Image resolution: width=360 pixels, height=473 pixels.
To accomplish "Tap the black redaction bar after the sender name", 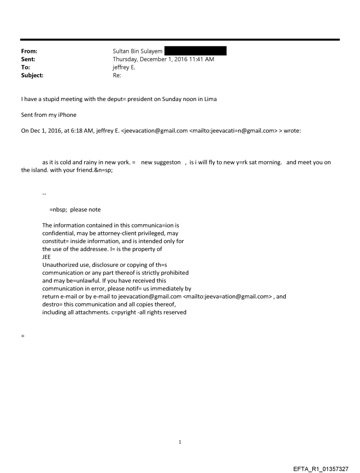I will pyautogui.click(x=195, y=51).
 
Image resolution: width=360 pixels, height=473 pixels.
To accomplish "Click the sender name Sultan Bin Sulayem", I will pyautogui.click(x=137, y=51).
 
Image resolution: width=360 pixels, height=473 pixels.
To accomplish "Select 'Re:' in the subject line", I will pyautogui.click(x=117, y=75).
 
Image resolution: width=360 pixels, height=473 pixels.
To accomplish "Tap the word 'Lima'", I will pyautogui.click(x=210, y=99).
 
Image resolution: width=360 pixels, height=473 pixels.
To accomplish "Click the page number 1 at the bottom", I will pyautogui.click(x=180, y=442).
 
